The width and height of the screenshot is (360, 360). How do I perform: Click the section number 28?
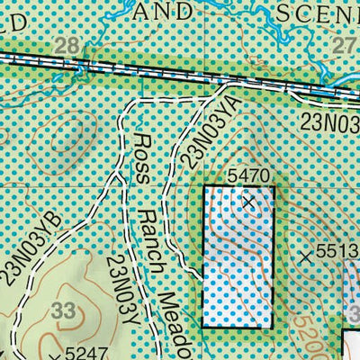point(65,47)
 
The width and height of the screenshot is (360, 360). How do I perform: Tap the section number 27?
point(346,47)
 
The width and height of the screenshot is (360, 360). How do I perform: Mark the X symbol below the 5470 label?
point(249,203)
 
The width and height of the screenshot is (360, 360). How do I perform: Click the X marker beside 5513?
point(306,256)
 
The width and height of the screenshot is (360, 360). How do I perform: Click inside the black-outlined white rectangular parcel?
point(237,261)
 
